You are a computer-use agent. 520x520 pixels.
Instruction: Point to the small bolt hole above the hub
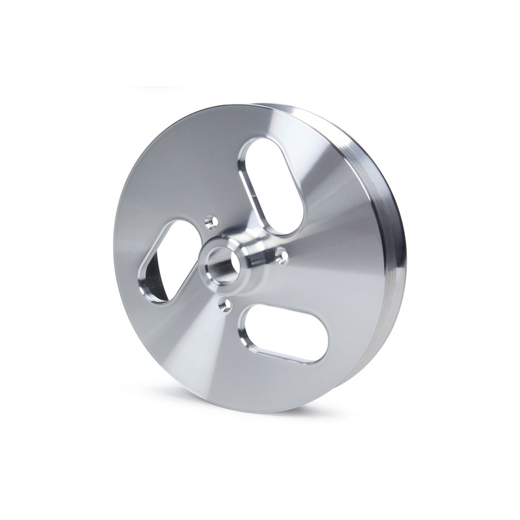(210, 223)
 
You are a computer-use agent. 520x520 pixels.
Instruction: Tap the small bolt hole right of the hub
(281, 257)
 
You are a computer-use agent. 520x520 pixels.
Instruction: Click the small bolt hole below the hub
(226, 304)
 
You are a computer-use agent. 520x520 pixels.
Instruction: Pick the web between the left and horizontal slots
(195, 325)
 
